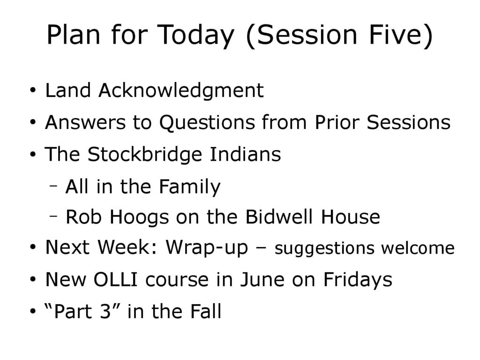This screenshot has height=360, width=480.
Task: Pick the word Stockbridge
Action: point(145,154)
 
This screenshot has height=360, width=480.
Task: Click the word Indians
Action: point(245,154)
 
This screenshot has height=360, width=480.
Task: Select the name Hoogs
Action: point(139,218)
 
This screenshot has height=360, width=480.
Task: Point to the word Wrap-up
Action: point(207,247)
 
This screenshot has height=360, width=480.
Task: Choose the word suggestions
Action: point(324,248)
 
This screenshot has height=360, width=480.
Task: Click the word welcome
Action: point(418,247)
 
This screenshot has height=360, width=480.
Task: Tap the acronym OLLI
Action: point(116,279)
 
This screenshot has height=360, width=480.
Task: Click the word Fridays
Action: point(358,280)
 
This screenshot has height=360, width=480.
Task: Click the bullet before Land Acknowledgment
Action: point(33,91)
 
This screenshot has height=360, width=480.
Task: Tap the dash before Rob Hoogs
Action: point(53,216)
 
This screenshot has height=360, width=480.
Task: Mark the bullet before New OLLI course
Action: point(33,279)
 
